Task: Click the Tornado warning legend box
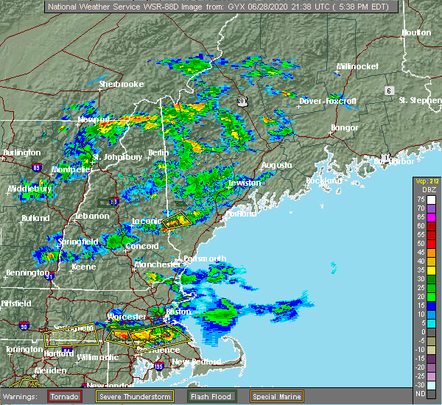coord(64,396)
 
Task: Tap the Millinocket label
coord(357,66)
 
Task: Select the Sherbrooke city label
coord(122,85)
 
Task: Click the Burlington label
coord(22,152)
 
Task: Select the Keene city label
coord(83,267)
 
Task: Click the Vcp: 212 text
coord(427,181)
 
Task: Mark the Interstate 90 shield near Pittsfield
coord(24,325)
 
